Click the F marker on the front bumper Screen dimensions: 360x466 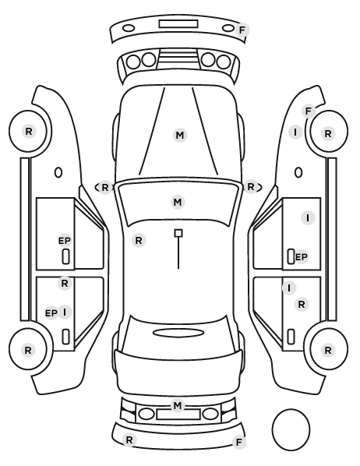click(x=242, y=30)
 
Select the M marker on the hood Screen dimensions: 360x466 click(x=180, y=136)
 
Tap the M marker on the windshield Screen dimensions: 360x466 click(x=178, y=203)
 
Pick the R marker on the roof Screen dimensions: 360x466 click(x=139, y=241)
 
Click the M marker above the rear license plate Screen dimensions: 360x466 click(x=178, y=405)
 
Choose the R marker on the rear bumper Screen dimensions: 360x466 click(x=129, y=440)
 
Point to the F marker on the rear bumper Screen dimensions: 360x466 click(x=239, y=443)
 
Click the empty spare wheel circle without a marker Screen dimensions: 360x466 click(x=291, y=429)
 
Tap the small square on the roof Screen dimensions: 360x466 click(x=178, y=233)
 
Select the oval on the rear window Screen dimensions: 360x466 click(x=178, y=333)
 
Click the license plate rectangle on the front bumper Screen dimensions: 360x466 click(x=178, y=24)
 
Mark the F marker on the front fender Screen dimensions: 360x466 click(x=309, y=111)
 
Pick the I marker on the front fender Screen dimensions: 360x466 click(x=295, y=132)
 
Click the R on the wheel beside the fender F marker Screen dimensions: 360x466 click(x=328, y=134)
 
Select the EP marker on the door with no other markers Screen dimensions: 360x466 click(x=65, y=241)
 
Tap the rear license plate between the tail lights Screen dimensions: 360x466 click(x=178, y=414)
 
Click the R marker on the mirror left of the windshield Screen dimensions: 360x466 click(x=105, y=188)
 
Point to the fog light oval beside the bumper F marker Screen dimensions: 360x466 click(x=228, y=28)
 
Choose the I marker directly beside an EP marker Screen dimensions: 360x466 click(x=65, y=312)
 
